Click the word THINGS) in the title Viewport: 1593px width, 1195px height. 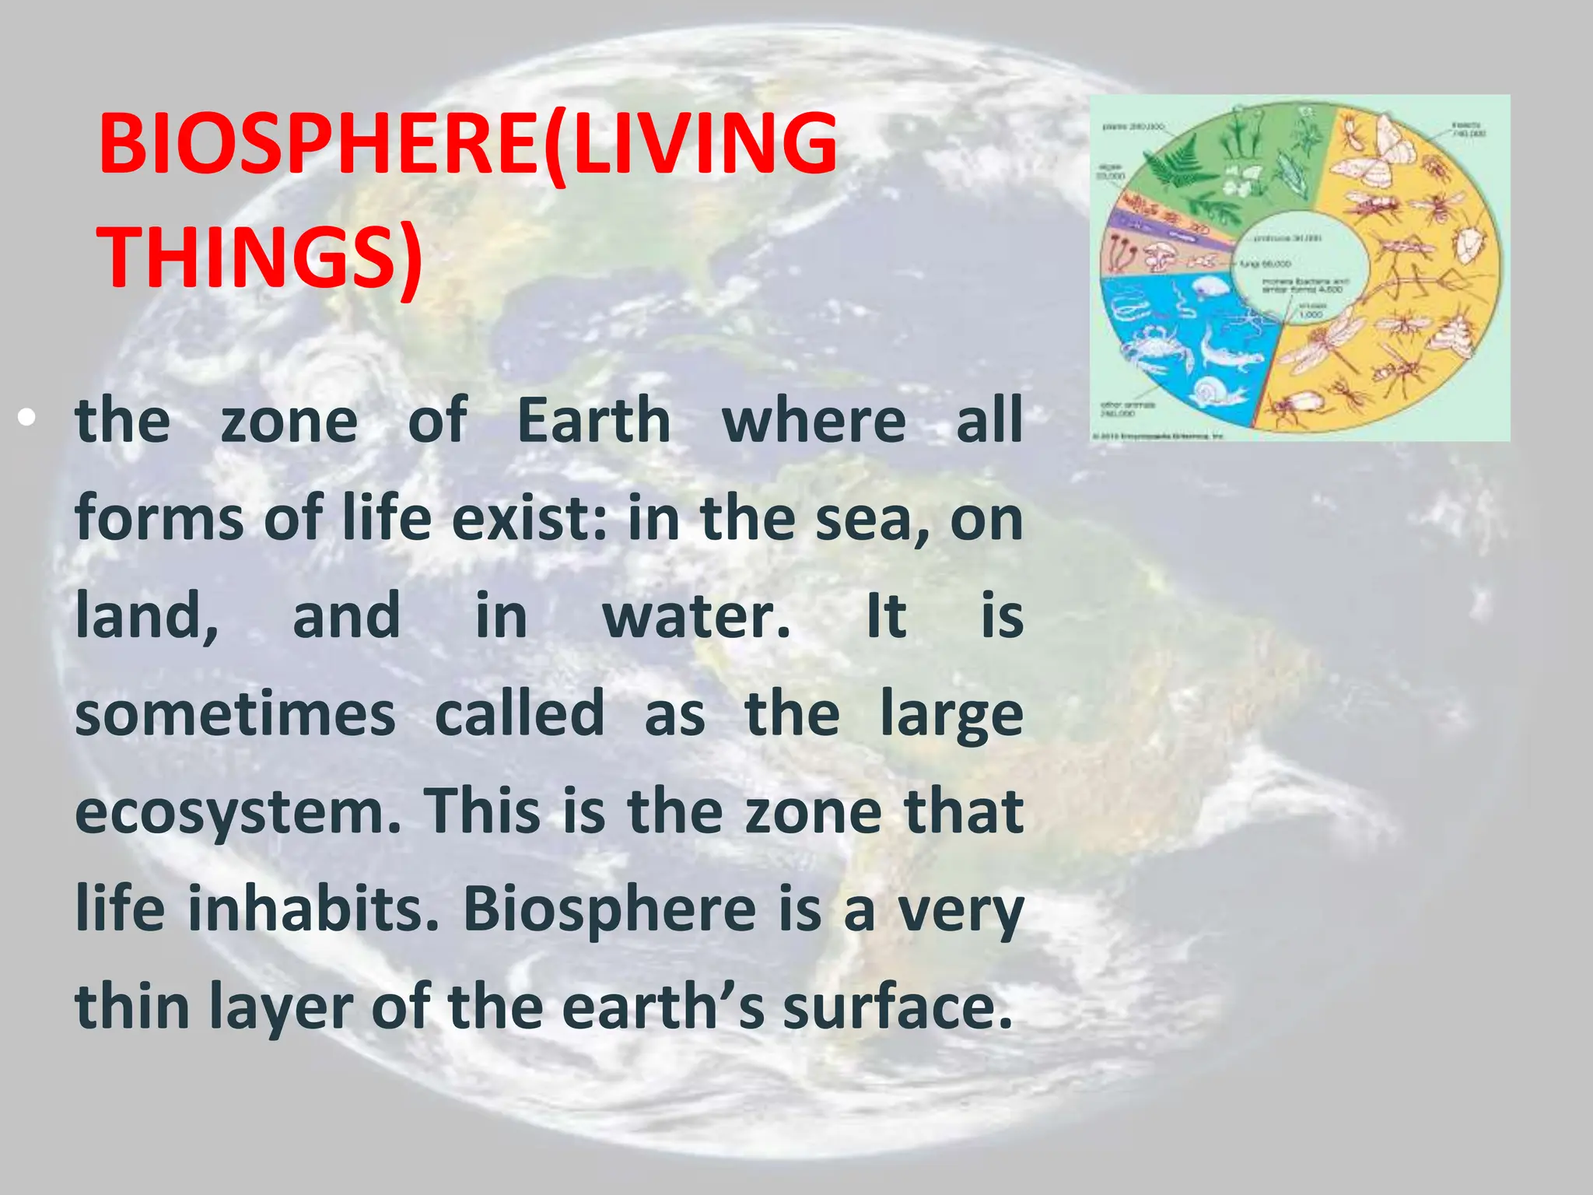pyautogui.click(x=261, y=257)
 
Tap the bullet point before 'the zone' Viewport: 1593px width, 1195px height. pyautogui.click(x=28, y=420)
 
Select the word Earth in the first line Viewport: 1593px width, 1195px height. pyautogui.click(x=593, y=420)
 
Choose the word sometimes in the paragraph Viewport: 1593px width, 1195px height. pyautogui.click(x=235, y=714)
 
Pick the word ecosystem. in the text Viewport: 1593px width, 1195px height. pyautogui.click(x=238, y=812)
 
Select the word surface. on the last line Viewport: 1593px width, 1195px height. pyautogui.click(x=898, y=1007)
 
